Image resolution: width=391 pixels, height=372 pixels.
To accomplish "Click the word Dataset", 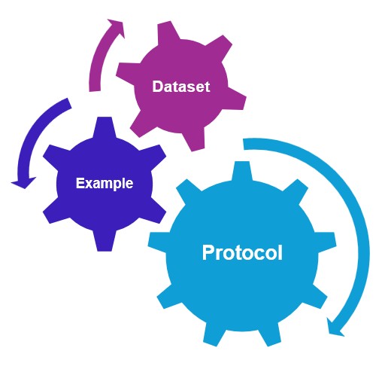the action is [181, 87].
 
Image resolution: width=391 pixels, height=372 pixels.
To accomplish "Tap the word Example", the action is [105, 184].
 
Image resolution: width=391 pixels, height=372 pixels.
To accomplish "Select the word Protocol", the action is [242, 252].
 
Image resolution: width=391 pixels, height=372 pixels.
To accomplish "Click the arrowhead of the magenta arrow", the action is [116, 27].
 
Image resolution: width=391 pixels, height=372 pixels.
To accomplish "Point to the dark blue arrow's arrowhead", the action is [23, 182].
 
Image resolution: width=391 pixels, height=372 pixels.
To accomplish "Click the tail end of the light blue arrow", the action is [244, 144].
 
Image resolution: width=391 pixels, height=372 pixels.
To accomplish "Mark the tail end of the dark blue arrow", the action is [69, 103].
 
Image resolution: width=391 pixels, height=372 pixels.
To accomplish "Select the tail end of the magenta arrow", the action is [95, 90].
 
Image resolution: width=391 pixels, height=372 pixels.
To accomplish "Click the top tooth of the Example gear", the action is [105, 127].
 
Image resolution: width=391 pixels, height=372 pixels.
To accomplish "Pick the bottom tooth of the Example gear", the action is [105, 241].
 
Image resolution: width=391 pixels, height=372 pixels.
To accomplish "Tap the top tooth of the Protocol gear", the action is [241, 171].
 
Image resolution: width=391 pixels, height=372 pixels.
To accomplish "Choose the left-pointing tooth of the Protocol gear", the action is [157, 242].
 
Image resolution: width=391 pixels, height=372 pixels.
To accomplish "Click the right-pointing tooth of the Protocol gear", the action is [326, 242].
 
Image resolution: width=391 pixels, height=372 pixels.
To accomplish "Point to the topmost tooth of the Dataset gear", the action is [168, 32].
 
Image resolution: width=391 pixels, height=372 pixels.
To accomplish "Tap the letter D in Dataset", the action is [157, 87].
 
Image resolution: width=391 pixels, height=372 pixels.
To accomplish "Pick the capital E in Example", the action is [80, 183].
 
